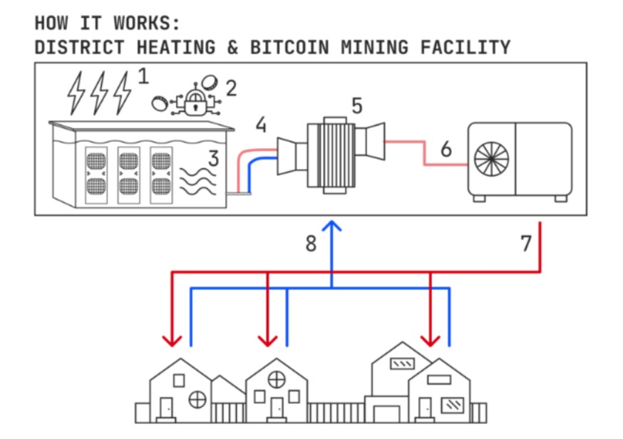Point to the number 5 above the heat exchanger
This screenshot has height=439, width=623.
(356, 106)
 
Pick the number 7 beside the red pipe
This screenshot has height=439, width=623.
(526, 244)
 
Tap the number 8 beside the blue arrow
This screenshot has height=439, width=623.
(310, 244)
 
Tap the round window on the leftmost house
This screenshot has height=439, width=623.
(197, 400)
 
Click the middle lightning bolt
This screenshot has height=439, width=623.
(100, 92)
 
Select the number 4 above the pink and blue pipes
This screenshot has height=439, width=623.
(262, 125)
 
